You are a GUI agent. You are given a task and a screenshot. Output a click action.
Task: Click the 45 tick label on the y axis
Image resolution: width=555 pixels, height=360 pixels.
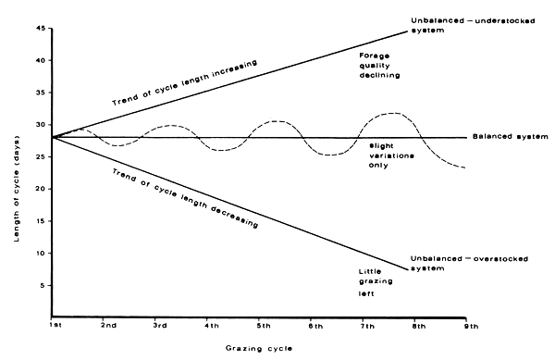click(x=40, y=29)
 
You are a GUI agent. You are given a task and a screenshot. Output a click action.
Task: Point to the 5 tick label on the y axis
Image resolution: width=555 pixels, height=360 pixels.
click(x=43, y=285)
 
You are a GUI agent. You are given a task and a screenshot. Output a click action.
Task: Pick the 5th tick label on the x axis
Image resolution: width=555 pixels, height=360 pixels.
click(x=264, y=326)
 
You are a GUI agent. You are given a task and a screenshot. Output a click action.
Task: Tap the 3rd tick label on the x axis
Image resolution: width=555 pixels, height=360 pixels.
click(x=159, y=326)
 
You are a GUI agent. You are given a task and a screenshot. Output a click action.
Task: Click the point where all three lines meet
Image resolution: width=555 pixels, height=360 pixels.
click(x=53, y=137)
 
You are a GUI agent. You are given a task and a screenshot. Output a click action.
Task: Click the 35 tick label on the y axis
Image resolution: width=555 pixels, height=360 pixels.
click(x=40, y=93)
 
